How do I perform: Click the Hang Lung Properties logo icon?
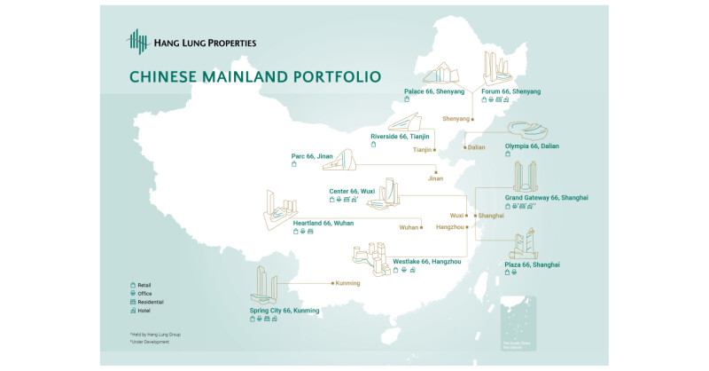coord(138,42)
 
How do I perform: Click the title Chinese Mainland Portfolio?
coord(255,77)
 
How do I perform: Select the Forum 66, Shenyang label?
coord(510,91)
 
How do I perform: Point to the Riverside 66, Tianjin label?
coord(400,136)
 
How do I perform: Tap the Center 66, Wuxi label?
coord(353,191)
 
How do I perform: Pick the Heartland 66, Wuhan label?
coord(323,223)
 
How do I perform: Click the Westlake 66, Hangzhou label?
coord(427,261)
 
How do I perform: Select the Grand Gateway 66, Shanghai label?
coord(547,197)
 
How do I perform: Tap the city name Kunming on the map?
coord(347,284)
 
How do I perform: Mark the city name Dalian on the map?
coord(476,146)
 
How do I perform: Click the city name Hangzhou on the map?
coord(449,227)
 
